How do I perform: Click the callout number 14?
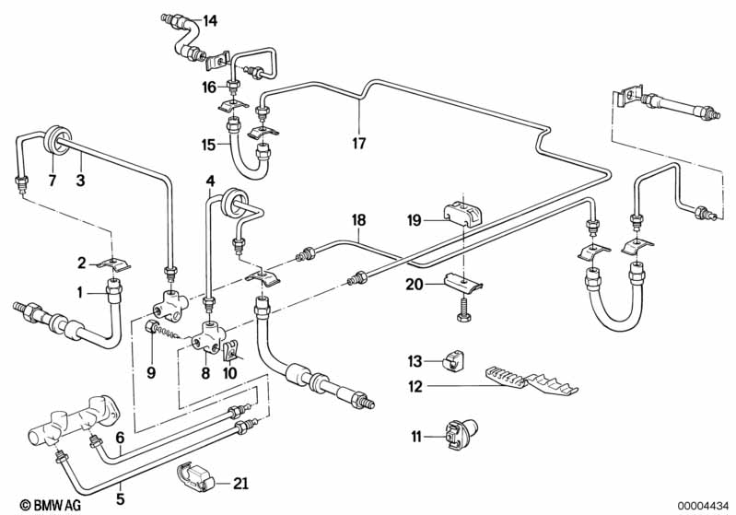pyautogui.click(x=211, y=20)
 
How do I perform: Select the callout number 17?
pyautogui.click(x=359, y=144)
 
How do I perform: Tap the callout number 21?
pyautogui.click(x=241, y=484)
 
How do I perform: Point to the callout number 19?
pyautogui.click(x=414, y=220)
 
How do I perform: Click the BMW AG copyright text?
pyautogui.click(x=38, y=504)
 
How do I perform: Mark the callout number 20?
pyautogui.click(x=415, y=286)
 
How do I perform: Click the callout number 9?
pyautogui.click(x=152, y=373)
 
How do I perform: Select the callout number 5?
pyautogui.click(x=120, y=501)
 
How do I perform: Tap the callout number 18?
pyautogui.click(x=359, y=220)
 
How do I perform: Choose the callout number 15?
pyautogui.click(x=209, y=144)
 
